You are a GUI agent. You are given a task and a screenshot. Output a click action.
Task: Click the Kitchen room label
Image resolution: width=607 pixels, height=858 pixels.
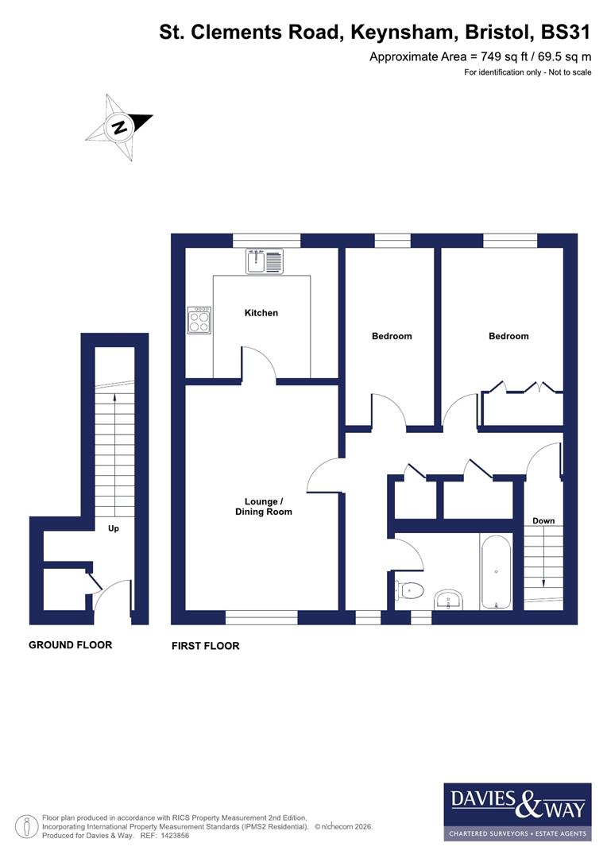point(261,313)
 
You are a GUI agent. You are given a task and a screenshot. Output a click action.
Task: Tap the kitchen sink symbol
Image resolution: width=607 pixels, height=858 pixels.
point(265,261)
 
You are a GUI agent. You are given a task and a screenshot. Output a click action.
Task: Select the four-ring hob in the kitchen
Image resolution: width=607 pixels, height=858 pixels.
point(199,321)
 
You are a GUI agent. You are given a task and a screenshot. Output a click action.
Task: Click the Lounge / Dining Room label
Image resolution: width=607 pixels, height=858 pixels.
point(263,507)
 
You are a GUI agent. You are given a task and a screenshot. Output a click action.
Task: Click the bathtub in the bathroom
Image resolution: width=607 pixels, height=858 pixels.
point(497,572)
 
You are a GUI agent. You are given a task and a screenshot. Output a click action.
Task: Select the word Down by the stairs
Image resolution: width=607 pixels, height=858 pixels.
point(543,521)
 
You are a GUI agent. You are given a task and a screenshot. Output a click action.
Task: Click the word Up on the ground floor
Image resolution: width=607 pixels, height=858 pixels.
point(114,529)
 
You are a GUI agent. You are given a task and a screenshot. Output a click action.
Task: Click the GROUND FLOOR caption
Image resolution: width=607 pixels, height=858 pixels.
point(70,645)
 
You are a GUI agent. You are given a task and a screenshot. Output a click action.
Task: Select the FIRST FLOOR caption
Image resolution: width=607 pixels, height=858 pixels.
point(205,647)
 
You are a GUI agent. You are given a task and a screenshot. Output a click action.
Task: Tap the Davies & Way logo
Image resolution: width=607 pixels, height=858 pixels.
point(516,811)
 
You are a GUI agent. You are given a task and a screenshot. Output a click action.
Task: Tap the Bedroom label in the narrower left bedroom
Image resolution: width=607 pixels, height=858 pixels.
point(392,336)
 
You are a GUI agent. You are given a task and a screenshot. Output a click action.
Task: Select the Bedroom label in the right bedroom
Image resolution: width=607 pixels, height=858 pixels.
point(508,336)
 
